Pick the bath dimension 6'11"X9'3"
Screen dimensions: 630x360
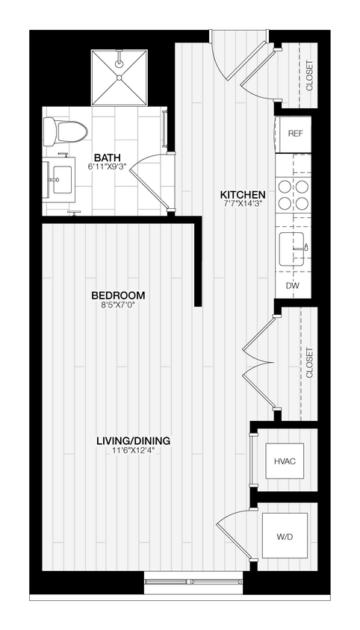click(x=107, y=166)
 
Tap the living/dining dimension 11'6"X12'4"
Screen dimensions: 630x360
click(x=130, y=449)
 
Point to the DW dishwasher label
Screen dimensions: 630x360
click(x=293, y=286)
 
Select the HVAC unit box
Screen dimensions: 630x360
click(x=285, y=461)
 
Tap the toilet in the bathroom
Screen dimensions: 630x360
click(x=63, y=131)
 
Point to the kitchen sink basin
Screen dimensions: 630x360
click(x=293, y=248)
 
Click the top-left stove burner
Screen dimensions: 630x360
click(x=285, y=186)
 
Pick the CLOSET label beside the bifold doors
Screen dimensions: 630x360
click(x=309, y=364)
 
